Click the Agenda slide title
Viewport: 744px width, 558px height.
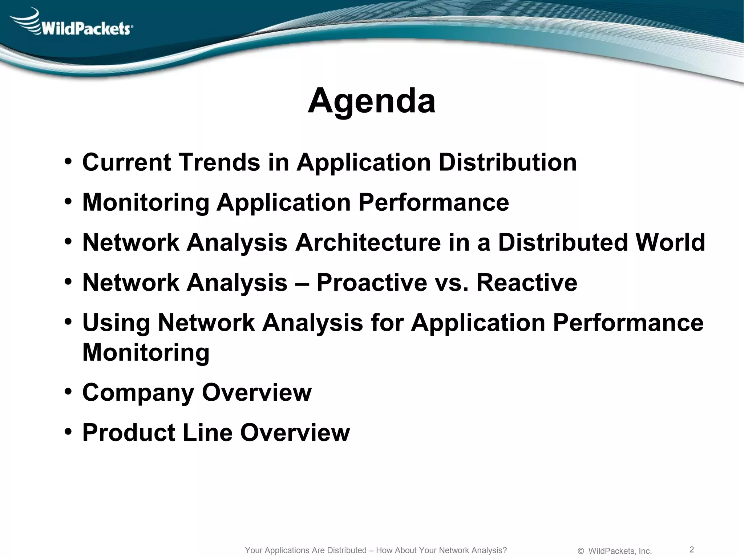click(371, 101)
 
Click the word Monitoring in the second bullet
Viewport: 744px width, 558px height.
click(146, 202)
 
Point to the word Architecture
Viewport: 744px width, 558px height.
click(368, 242)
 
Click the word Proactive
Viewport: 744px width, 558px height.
click(372, 282)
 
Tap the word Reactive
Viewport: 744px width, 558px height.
click(526, 282)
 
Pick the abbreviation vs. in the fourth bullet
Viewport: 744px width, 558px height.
click(452, 282)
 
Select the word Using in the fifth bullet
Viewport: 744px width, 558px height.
click(116, 323)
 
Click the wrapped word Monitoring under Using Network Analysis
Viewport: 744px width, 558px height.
click(146, 352)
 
